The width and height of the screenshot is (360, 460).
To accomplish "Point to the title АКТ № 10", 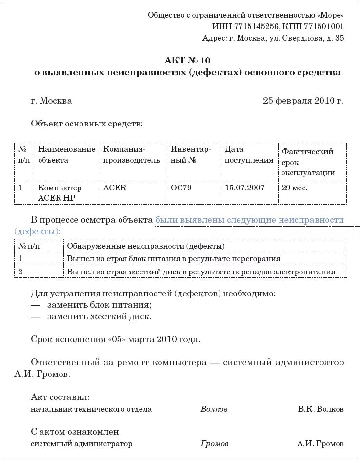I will click(187, 61).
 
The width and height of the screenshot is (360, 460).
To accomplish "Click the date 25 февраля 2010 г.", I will click(303, 101).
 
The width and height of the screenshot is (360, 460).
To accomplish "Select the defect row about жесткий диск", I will click(201, 272).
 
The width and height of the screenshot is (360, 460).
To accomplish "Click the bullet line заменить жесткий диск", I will click(100, 316).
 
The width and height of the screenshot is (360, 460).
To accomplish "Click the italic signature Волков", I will click(214, 409).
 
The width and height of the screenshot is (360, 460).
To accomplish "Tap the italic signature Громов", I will click(214, 444).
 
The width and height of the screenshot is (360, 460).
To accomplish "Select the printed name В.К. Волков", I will click(320, 409).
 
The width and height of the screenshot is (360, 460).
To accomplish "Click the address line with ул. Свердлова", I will click(273, 38).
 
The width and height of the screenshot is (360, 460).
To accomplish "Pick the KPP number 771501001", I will click(323, 27).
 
